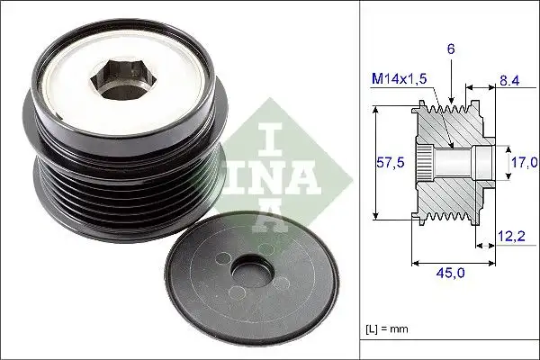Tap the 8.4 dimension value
click(x=509, y=81)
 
